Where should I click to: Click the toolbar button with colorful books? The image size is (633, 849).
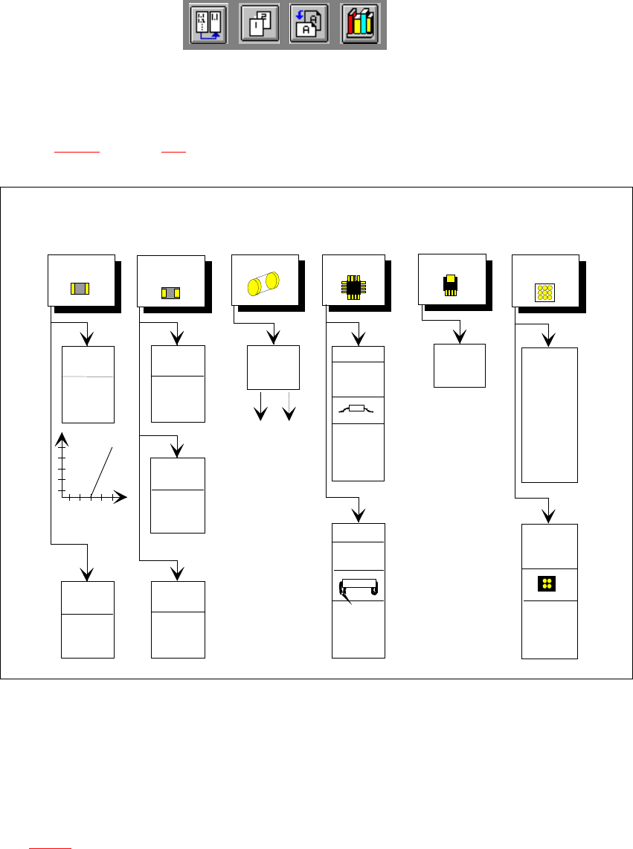point(361,25)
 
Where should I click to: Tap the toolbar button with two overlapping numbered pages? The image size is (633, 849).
point(260,25)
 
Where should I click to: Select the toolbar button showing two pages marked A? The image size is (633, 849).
point(309,25)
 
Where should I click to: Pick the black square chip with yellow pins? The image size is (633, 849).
point(353,286)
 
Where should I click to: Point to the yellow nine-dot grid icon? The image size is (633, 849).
point(545,292)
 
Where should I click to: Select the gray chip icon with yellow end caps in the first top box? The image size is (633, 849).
point(80,289)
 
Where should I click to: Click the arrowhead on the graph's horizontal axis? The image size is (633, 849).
point(121,496)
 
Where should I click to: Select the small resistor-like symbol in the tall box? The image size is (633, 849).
point(358,410)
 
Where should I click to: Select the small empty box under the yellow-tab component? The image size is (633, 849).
point(459,365)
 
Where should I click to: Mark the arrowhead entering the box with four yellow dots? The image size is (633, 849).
point(549,515)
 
